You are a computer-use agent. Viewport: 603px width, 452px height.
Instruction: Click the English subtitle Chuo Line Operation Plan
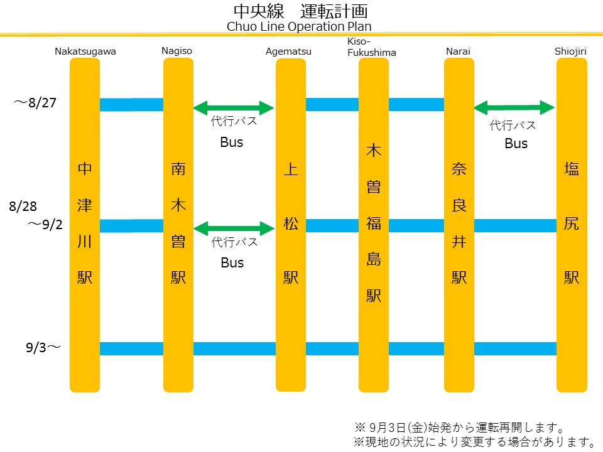coord(299,26)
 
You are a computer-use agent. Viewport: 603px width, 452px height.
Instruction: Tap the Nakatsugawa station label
coord(85,51)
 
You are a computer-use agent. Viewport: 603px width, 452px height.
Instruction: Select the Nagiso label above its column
coord(177,51)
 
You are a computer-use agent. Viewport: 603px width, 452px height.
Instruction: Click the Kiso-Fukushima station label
coord(372,47)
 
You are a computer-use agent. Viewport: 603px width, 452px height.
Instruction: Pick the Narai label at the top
coord(458,51)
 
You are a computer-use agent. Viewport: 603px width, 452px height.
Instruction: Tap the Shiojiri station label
coord(570,51)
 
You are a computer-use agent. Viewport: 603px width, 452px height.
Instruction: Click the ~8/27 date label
coord(36,102)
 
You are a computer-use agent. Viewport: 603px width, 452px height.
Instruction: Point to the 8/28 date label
coord(24,206)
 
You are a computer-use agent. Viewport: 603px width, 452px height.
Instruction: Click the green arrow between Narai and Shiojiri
coord(514,108)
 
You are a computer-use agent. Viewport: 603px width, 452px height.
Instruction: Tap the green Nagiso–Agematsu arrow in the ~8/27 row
coord(234,108)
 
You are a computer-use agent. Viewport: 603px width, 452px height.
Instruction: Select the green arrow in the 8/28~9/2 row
coord(234,228)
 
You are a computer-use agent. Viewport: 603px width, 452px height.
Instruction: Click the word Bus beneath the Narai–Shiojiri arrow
coord(516,144)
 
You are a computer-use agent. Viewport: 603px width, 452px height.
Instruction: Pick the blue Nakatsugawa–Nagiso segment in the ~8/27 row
coord(131,105)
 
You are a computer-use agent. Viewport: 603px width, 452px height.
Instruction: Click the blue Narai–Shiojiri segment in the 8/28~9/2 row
coord(515,225)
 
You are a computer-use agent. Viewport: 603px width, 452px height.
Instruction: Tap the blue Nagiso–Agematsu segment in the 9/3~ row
coord(234,348)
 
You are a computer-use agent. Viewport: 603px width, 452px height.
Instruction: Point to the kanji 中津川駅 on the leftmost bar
coord(85,223)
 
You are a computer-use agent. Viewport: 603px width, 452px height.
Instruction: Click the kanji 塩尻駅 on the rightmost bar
coord(572,223)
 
